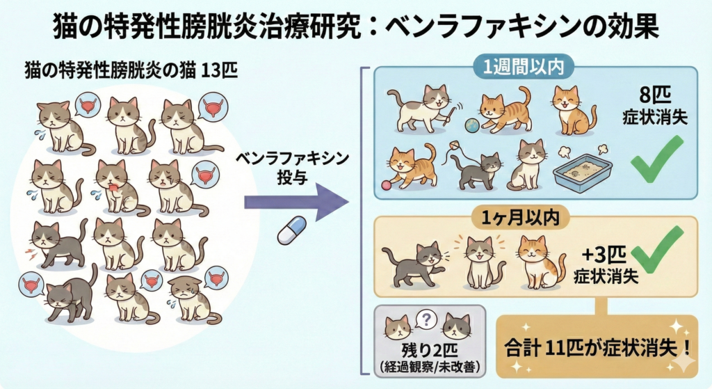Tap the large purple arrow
tap(296, 203)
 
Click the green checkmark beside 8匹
tap(655, 160)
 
